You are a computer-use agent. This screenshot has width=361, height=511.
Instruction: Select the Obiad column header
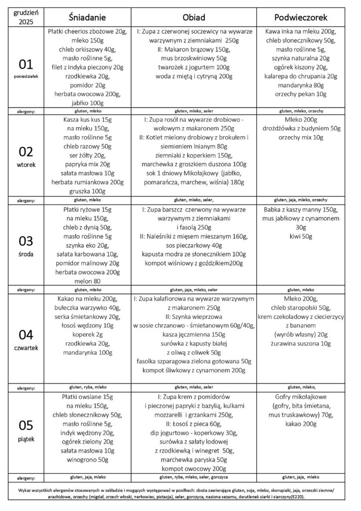(194, 16)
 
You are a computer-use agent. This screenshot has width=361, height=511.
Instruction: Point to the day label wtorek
(25, 166)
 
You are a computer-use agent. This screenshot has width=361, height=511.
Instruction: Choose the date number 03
(25, 241)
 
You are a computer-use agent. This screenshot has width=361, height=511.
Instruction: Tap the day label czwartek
(25, 346)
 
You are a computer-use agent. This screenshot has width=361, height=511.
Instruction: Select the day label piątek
(25, 439)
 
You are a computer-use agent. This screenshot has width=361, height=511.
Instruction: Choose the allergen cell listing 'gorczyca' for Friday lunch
(194, 477)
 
